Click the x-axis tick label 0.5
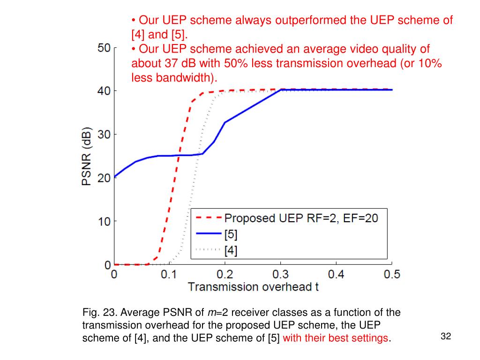(391, 274)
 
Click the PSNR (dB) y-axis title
(88, 156)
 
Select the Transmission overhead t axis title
(253, 287)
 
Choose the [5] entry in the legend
(231, 234)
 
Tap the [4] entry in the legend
(231, 251)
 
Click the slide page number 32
(446, 337)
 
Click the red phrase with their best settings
(336, 338)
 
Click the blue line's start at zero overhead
(114, 177)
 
